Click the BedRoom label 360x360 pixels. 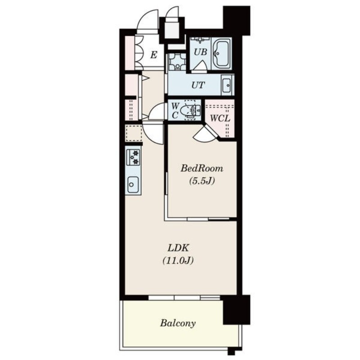coord(202,168)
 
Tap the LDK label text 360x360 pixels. coord(178,248)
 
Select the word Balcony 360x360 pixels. coord(178,323)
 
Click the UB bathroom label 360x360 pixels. coord(200,52)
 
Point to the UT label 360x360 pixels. coord(198,85)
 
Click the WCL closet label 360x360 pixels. coord(220,118)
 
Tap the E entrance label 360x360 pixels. coord(153,55)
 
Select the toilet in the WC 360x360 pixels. coord(190,110)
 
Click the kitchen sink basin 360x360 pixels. coord(133,184)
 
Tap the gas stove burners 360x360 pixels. coord(133,157)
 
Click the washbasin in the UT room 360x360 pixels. coord(227,85)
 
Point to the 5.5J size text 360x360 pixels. coord(202,181)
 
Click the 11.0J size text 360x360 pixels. coord(178,261)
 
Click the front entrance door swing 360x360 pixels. coord(148,21)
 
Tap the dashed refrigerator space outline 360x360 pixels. coord(133,133)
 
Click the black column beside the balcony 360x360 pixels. coord(237,310)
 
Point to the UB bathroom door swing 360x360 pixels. coord(200,66)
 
